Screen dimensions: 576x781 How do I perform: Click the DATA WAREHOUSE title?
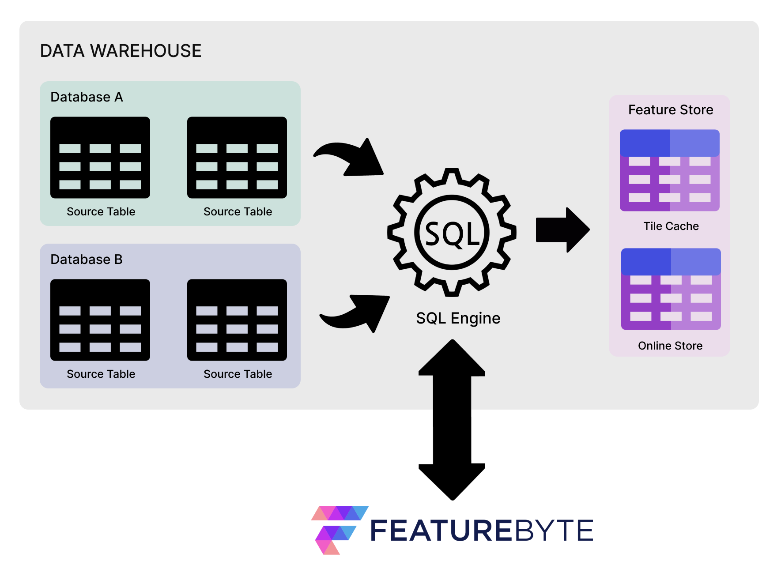click(x=121, y=51)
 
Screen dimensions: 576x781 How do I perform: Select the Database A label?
click(x=87, y=97)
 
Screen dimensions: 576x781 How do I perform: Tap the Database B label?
click(x=86, y=260)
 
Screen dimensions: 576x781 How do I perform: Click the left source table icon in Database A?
click(x=100, y=158)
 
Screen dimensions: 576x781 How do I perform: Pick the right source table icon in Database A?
click(x=237, y=158)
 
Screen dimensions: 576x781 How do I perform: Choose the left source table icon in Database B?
click(x=100, y=320)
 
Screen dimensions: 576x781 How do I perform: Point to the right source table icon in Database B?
click(x=237, y=320)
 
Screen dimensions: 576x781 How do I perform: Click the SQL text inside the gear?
click(x=452, y=233)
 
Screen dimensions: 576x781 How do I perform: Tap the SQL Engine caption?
click(x=458, y=318)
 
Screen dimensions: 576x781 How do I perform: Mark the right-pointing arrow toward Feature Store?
click(x=562, y=230)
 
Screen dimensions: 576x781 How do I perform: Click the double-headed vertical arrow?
click(x=452, y=419)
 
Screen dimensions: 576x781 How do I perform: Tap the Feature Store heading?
click(x=670, y=110)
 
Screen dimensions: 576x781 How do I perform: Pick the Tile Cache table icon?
click(x=669, y=170)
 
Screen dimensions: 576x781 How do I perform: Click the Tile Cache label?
click(x=671, y=226)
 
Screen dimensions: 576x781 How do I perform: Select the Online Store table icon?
click(x=671, y=289)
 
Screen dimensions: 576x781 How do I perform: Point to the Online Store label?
click(x=670, y=346)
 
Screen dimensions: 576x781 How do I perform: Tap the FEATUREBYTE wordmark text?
click(x=481, y=531)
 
